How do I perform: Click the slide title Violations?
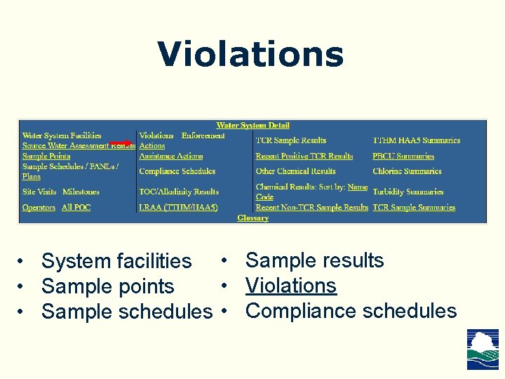pos(250,55)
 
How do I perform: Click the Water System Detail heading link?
pos(252,126)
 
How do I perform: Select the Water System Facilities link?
pos(62,135)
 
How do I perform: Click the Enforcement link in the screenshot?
pos(203,135)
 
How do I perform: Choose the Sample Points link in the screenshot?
pos(46,156)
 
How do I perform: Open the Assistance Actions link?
pos(170,156)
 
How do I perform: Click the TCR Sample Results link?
pos(290,140)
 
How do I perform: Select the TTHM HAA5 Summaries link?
pos(416,140)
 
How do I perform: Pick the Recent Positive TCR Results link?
pos(304,156)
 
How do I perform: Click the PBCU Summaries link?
pos(403,156)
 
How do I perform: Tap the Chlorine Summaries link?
pos(407,171)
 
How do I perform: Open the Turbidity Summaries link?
pos(408,192)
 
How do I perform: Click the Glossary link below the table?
pos(252,218)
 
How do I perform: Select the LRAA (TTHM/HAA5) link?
pos(178,207)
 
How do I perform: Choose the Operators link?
pos(39,207)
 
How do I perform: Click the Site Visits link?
pos(39,192)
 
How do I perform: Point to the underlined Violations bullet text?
pos(290,286)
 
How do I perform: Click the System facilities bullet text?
pos(116,261)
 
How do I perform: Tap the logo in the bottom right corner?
pos(483,349)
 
